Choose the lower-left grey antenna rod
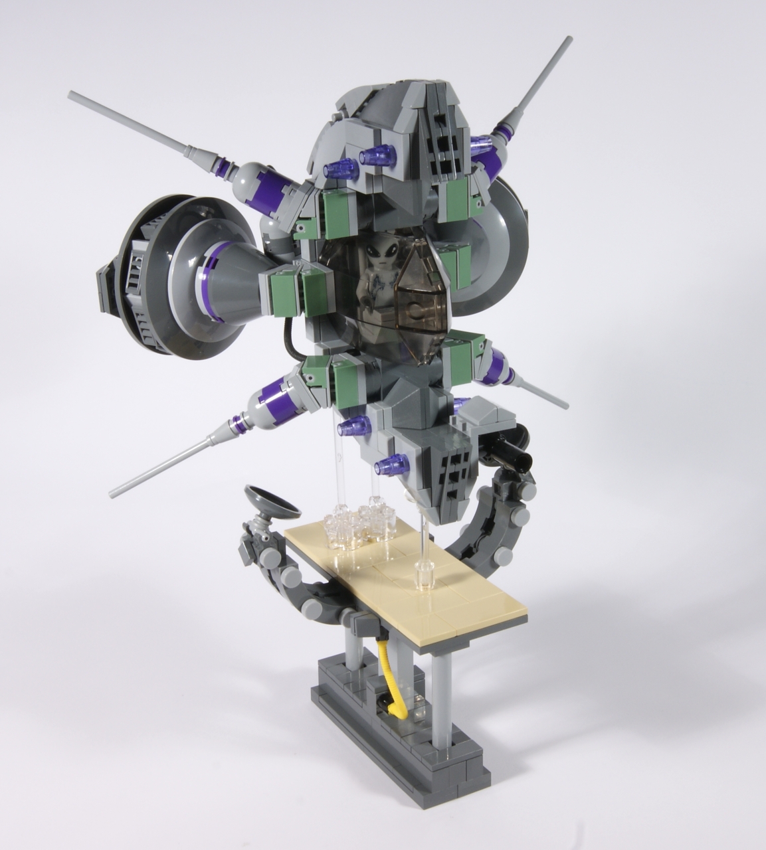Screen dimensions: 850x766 pyautogui.click(x=166, y=465)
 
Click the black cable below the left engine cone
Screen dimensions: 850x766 pyautogui.click(x=287, y=339)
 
